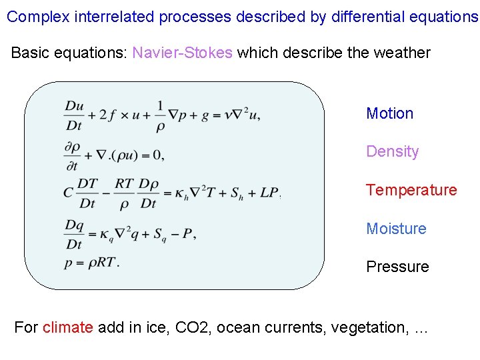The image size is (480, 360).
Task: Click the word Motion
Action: (389, 113)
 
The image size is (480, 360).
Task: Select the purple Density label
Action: (392, 151)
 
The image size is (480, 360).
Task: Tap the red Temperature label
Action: (411, 190)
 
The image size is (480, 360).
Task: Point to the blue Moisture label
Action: (396, 229)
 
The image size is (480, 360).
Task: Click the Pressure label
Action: (397, 267)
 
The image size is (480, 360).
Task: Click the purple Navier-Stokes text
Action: (182, 53)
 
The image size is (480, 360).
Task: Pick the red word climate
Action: (67, 327)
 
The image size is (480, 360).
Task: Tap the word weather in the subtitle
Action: (401, 53)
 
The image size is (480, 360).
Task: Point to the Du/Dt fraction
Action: (74, 115)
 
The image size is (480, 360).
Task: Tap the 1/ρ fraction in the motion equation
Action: (161, 115)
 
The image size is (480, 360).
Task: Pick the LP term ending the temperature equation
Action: (269, 193)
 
